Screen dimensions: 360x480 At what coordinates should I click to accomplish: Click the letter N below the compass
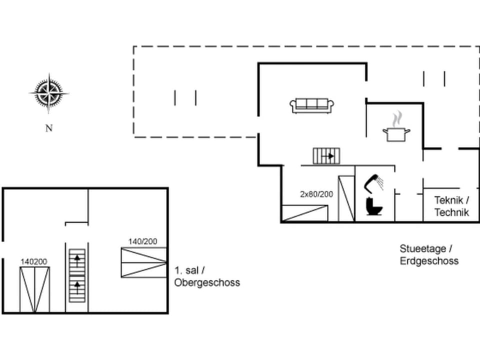[49, 128]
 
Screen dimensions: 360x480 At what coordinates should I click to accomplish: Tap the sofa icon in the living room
[312, 105]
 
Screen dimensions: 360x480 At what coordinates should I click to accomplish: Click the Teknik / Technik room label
[451, 206]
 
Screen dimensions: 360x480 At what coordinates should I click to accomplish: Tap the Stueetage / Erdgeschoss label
[428, 254]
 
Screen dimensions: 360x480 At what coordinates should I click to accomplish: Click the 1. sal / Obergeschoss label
[207, 276]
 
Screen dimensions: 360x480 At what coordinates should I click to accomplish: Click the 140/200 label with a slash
[142, 241]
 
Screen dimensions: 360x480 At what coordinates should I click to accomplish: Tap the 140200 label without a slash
[34, 261]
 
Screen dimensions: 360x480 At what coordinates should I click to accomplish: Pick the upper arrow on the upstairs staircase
[77, 259]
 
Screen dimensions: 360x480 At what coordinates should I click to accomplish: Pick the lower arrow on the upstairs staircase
[77, 286]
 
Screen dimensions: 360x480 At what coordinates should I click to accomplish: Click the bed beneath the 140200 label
[34, 289]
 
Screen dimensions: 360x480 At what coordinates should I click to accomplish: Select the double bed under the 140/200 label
[143, 262]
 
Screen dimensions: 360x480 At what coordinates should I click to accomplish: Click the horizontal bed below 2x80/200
[304, 213]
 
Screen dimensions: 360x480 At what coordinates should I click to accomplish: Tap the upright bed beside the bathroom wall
[346, 198]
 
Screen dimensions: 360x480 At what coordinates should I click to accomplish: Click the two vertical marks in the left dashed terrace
[185, 97]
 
